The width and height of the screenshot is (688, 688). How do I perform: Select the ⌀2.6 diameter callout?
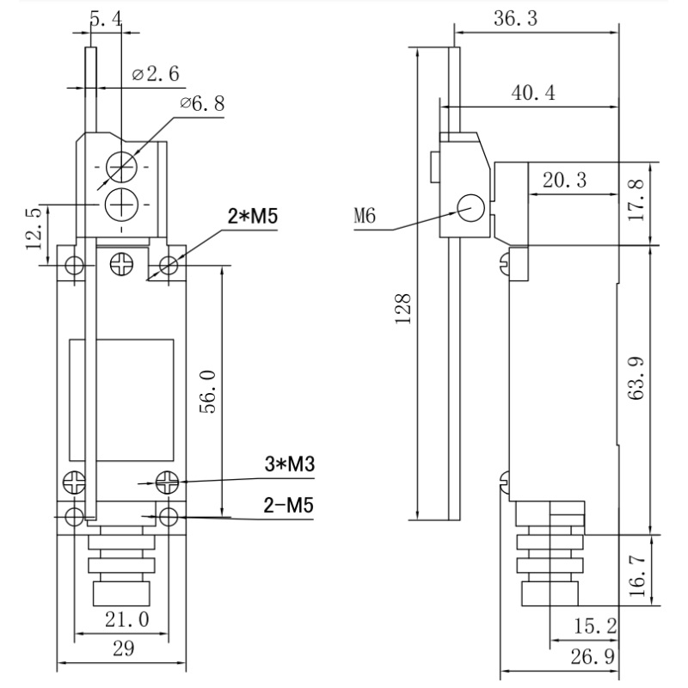click(x=156, y=75)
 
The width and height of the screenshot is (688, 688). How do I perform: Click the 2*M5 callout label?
click(x=252, y=217)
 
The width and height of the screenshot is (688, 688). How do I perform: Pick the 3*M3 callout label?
click(x=288, y=465)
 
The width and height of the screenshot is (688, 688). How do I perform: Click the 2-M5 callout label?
click(x=288, y=506)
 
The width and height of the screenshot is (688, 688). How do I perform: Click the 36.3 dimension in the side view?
click(x=516, y=19)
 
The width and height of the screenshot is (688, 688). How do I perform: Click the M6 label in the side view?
click(x=366, y=216)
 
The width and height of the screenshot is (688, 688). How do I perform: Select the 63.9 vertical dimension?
click(x=637, y=390)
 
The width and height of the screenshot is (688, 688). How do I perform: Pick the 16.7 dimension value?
click(x=637, y=569)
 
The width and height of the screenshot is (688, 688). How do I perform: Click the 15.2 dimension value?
click(x=593, y=626)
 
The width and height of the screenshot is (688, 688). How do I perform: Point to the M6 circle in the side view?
click(x=470, y=207)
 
